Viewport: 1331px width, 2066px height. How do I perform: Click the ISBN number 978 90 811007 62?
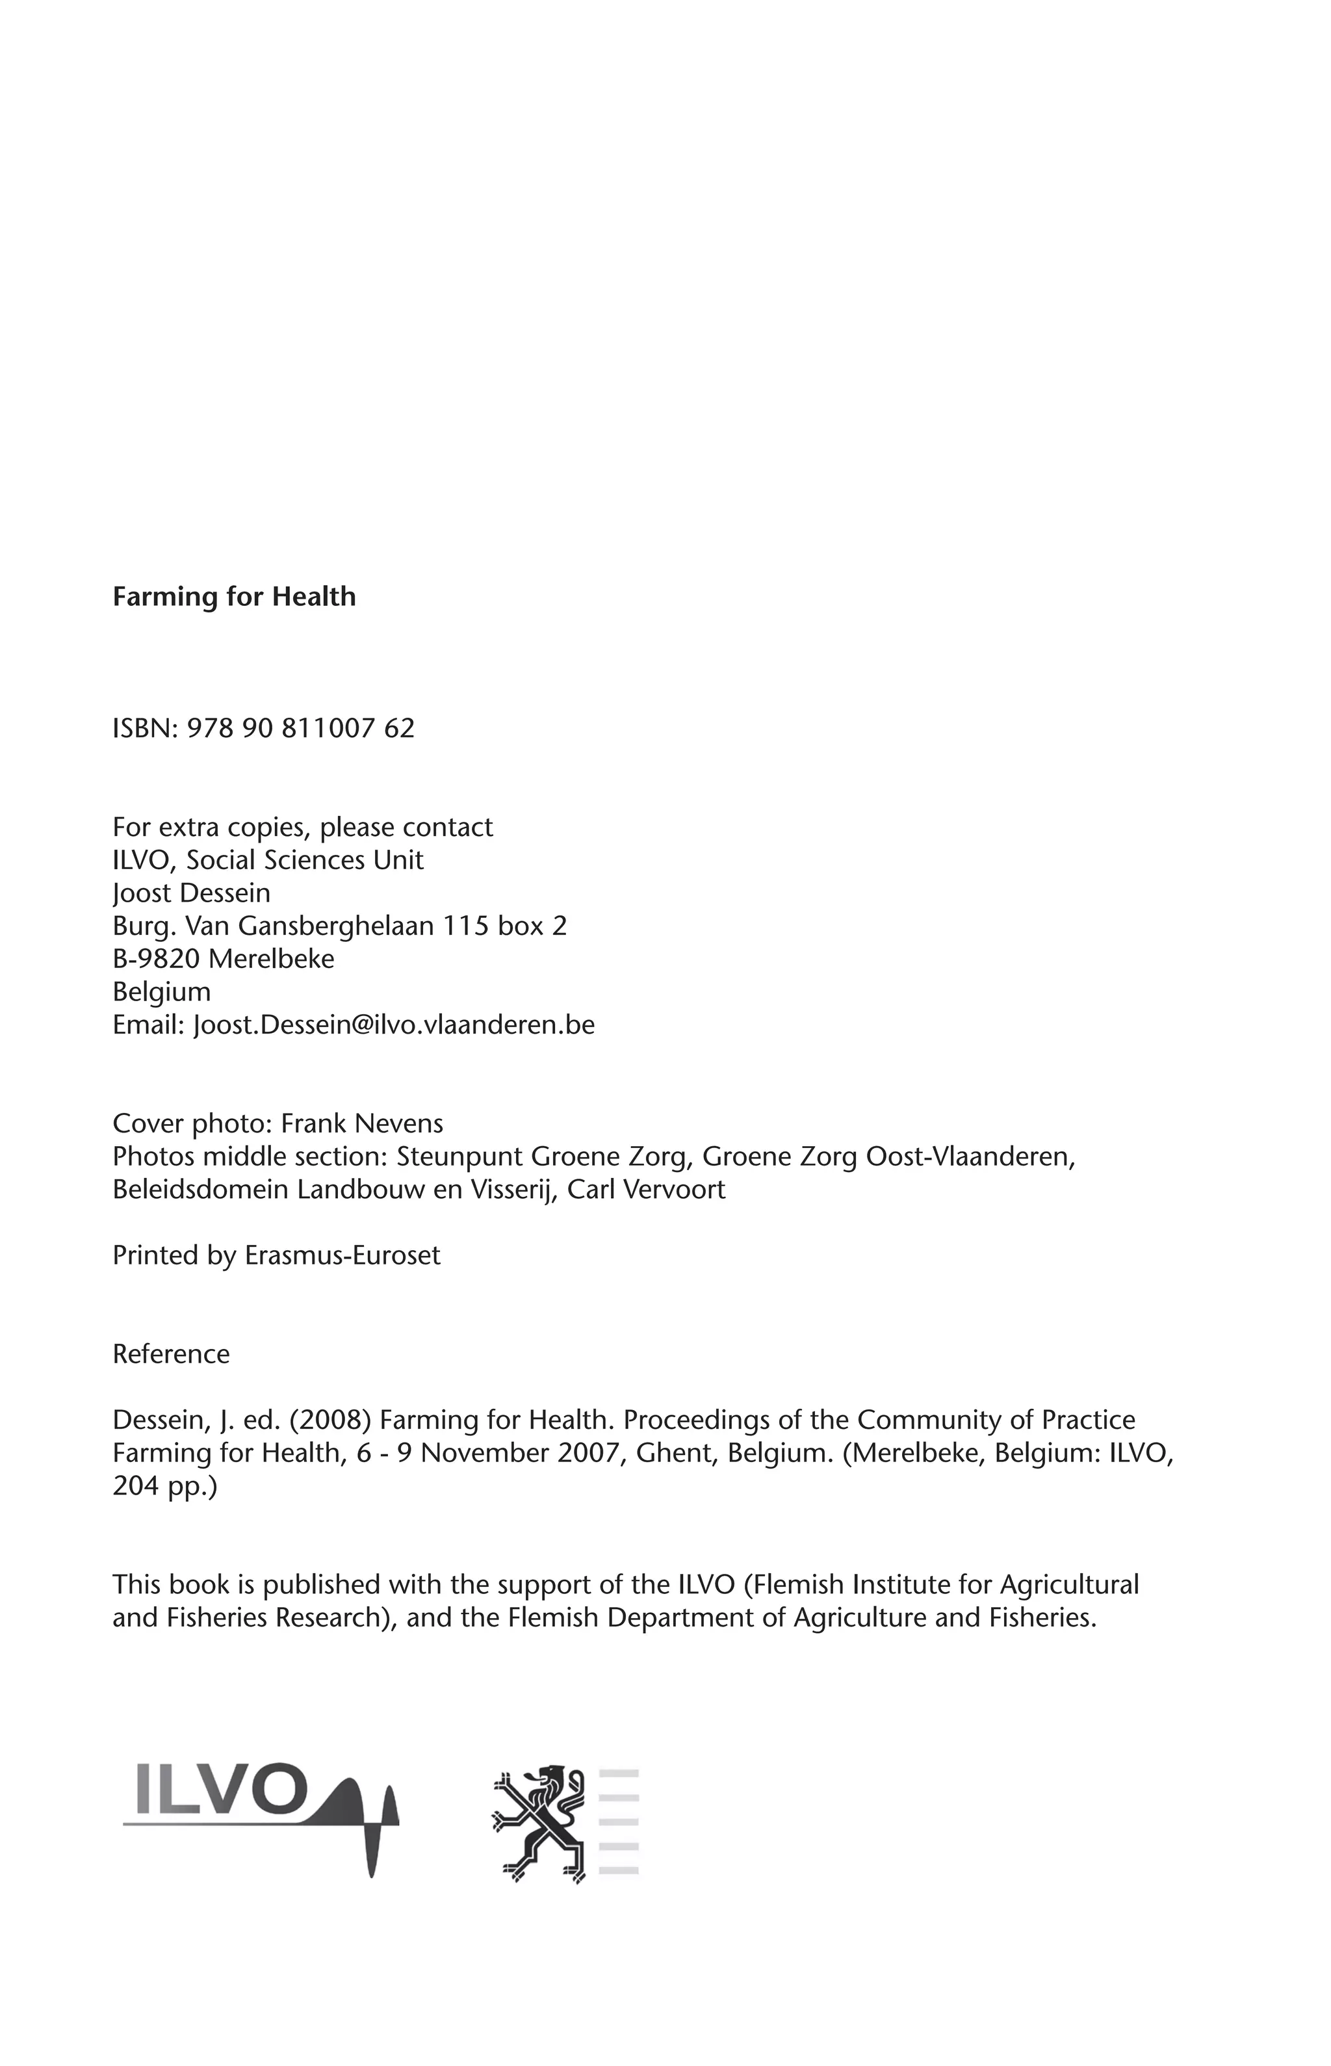point(300,728)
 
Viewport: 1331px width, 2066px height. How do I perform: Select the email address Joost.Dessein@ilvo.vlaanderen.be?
point(394,1025)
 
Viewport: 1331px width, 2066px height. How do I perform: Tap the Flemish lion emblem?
point(539,1822)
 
